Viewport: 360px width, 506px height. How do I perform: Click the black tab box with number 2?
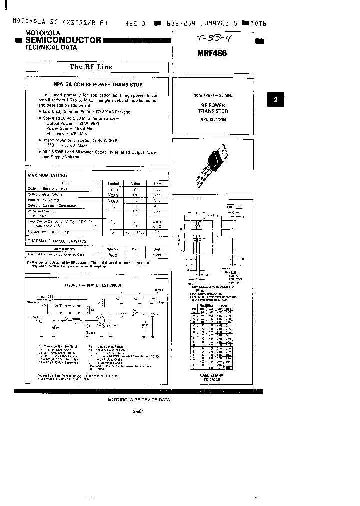point(275,100)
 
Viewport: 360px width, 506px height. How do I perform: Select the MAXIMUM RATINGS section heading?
point(48,175)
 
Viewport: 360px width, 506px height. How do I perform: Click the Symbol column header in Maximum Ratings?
point(113,183)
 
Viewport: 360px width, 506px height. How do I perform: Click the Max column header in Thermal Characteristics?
point(134,248)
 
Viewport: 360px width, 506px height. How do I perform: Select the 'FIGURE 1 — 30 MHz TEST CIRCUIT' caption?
point(94,285)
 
